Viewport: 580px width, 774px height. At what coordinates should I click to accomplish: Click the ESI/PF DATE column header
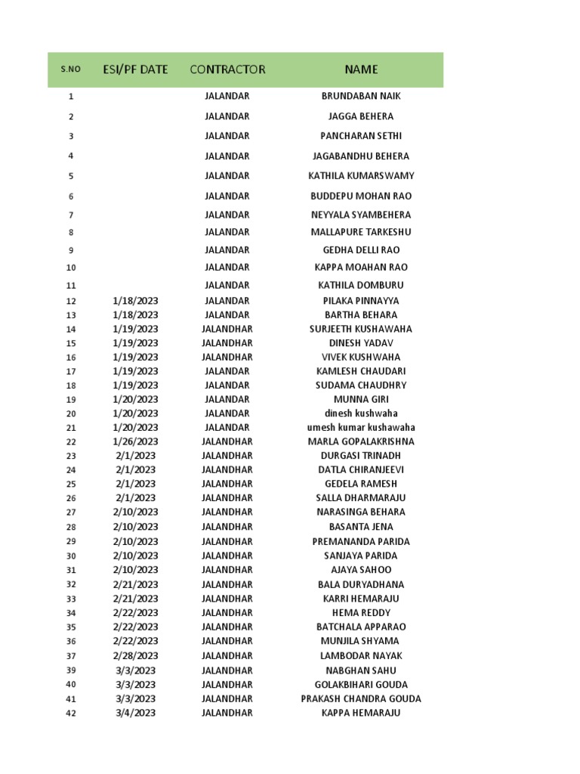coord(135,70)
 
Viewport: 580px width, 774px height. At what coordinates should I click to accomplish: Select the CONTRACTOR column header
coord(227,70)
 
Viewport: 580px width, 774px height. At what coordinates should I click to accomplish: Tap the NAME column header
coord(361,70)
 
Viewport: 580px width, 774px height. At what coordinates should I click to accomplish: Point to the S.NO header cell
coord(70,70)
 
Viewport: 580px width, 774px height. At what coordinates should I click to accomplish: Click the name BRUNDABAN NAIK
coord(361,96)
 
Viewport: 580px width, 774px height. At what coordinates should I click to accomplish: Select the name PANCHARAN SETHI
coord(361,136)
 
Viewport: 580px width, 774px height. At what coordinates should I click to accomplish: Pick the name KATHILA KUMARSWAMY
coord(361,175)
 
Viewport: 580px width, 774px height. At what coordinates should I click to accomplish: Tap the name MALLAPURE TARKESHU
coord(361,232)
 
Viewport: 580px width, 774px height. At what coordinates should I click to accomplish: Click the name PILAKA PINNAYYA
coord(361,301)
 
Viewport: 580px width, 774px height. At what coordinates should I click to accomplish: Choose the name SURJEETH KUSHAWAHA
coord(361,329)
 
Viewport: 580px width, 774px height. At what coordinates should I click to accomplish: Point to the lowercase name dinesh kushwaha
coord(361,413)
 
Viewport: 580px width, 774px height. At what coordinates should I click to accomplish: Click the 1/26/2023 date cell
coord(136,441)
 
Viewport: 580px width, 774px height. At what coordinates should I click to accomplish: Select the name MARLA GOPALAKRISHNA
coord(361,441)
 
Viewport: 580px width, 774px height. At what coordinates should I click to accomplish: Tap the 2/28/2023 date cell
coord(136,655)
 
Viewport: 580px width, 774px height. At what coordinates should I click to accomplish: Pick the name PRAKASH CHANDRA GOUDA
coord(361,698)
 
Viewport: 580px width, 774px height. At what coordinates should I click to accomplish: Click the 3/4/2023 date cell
coord(136,713)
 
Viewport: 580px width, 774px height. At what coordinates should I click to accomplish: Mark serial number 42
coord(71,713)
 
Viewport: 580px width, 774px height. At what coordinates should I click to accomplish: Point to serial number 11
coord(71,286)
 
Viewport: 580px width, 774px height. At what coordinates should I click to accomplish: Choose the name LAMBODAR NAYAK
coord(361,655)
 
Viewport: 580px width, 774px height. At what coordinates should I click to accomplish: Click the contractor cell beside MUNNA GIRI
coord(227,399)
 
